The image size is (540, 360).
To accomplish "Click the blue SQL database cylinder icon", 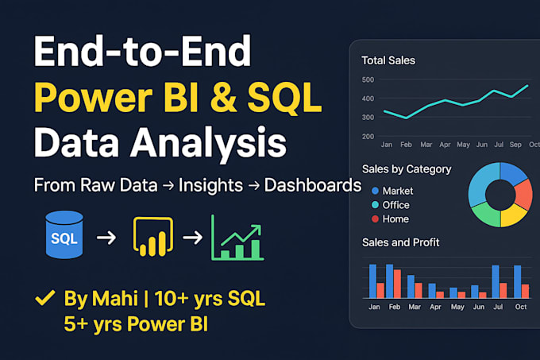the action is [x=64, y=234].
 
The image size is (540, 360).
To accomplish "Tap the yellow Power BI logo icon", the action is [x=153, y=236].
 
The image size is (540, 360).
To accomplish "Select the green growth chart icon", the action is [x=237, y=238].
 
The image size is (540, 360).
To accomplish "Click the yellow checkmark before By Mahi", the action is [x=45, y=298].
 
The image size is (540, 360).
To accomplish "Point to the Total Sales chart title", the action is [x=388, y=60].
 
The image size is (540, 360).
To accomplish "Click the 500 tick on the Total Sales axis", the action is [x=368, y=79].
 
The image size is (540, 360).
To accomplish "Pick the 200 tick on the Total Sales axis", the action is [x=368, y=137].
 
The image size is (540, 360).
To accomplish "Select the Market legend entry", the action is [x=392, y=191].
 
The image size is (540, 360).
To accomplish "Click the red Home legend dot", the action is [x=375, y=219].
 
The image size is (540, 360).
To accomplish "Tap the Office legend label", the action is [x=395, y=205].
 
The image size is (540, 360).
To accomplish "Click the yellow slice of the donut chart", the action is [x=514, y=215].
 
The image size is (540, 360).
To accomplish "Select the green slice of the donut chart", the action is [x=486, y=214].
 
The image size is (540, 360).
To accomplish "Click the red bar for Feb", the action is [x=397, y=284].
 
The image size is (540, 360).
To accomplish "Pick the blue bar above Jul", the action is [x=496, y=282].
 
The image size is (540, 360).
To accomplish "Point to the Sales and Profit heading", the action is [x=400, y=242].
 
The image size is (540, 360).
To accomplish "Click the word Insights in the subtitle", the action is [x=210, y=185].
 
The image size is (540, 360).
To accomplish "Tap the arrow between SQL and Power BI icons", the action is [x=106, y=238].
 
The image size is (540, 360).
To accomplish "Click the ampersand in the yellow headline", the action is [x=223, y=98].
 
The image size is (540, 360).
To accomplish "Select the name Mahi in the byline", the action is [x=114, y=298].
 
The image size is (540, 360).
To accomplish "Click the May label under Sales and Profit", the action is [x=457, y=307].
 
